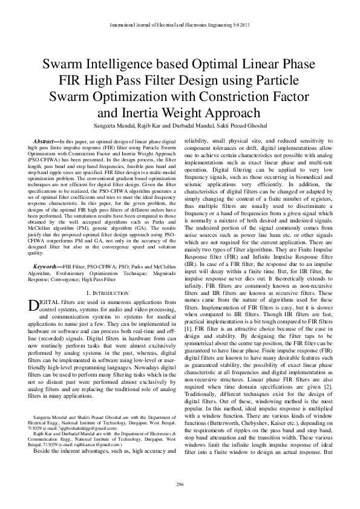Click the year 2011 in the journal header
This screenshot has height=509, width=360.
[x=242, y=24]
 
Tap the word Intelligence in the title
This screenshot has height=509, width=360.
[x=122, y=65]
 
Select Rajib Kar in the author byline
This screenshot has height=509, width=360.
[x=152, y=125]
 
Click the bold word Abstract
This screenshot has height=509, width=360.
[x=45, y=140]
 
